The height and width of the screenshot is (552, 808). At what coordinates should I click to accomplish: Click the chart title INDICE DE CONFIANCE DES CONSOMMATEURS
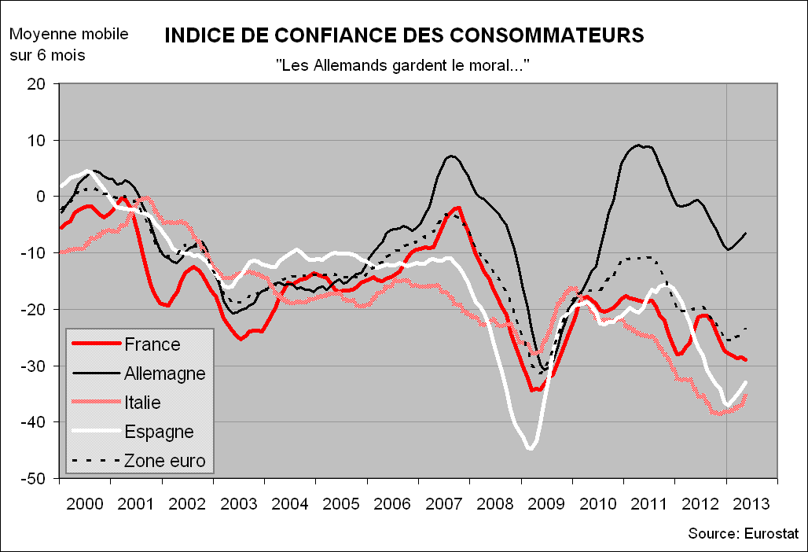[404, 35]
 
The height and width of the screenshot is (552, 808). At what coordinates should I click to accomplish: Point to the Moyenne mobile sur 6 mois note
[68, 45]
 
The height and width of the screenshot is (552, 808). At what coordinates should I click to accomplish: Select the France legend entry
[152, 344]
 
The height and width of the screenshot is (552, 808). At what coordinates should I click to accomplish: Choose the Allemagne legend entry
[164, 374]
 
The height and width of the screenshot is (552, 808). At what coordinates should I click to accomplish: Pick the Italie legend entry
[142, 403]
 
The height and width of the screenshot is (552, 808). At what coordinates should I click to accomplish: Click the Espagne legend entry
[158, 432]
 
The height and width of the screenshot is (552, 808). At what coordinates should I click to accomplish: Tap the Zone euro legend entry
[164, 461]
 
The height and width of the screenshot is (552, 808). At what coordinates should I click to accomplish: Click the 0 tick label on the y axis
[42, 197]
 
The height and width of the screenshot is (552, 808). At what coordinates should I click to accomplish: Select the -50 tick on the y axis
[35, 479]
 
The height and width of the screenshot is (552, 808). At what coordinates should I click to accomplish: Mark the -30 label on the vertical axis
[35, 366]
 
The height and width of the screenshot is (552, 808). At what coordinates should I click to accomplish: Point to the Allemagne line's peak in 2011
[639, 145]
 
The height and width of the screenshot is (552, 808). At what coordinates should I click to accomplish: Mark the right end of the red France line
[746, 360]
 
